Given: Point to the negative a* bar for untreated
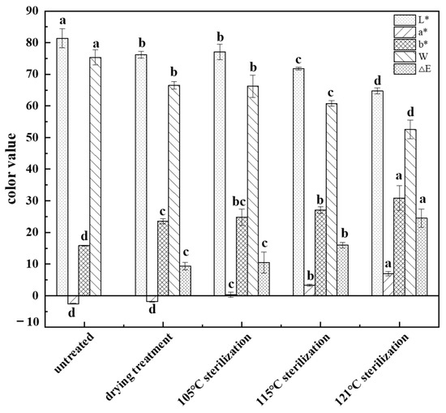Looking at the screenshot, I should pyautogui.click(x=73, y=299).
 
